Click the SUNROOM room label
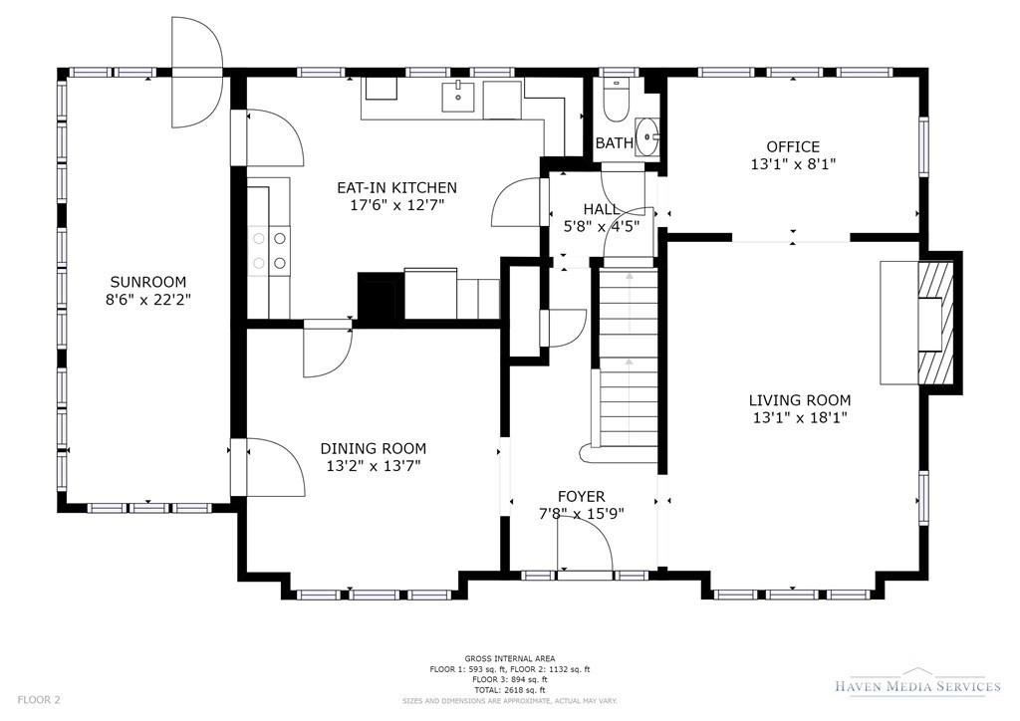[x=148, y=282]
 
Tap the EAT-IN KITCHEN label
[x=396, y=188]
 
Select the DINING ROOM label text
[x=374, y=448]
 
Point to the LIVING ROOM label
[x=800, y=400]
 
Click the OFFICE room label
[x=793, y=147]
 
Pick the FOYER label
[x=581, y=497]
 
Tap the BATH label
[x=614, y=143]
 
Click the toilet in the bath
[x=616, y=101]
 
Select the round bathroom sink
[x=647, y=137]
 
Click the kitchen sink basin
[x=458, y=97]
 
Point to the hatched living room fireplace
[x=935, y=324]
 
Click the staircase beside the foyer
[x=629, y=366]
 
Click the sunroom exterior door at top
[x=196, y=72]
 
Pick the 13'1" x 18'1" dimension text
[x=800, y=418]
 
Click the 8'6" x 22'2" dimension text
[x=148, y=300]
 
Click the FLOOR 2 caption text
[x=39, y=700]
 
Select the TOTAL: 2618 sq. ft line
[x=509, y=690]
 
